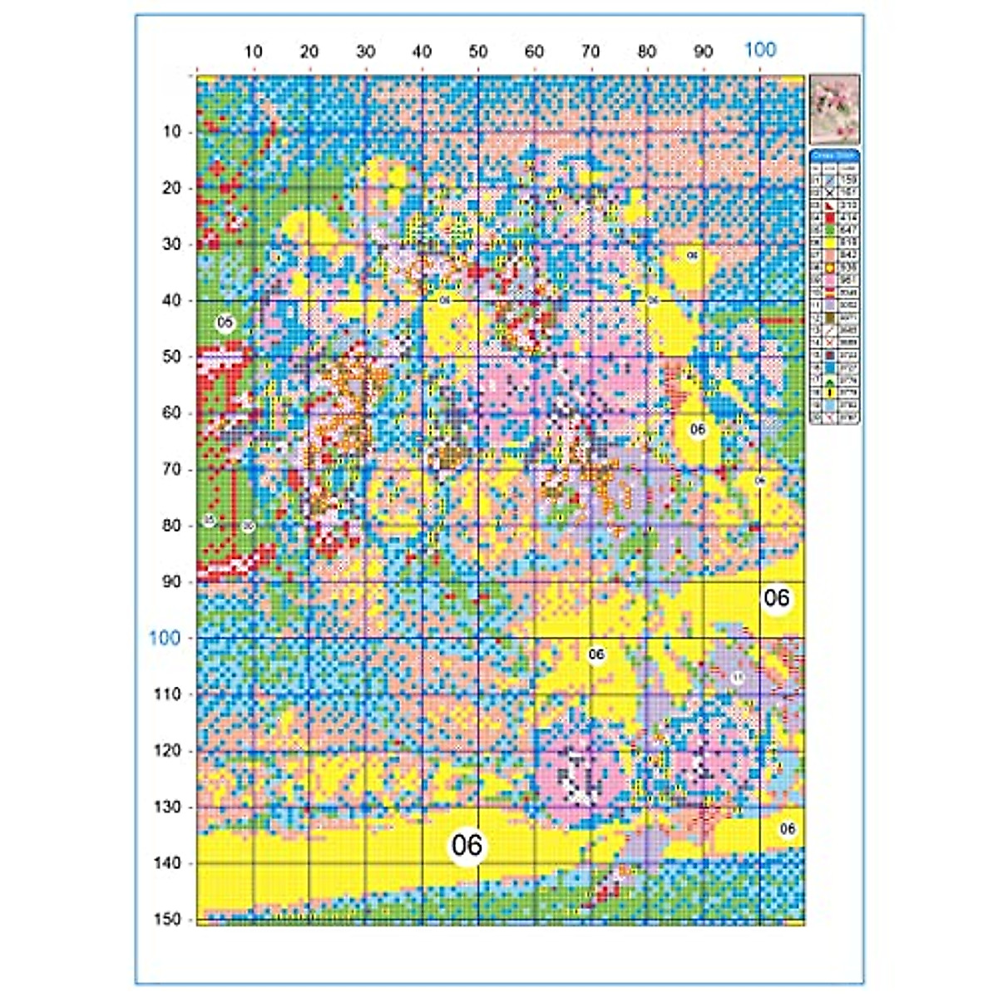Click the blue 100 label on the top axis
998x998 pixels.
click(x=759, y=49)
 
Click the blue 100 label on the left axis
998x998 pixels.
click(x=165, y=638)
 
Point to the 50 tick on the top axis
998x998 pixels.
click(x=478, y=52)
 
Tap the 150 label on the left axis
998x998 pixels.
click(x=167, y=919)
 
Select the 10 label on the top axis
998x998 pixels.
click(x=254, y=52)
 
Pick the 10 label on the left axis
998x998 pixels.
click(x=171, y=131)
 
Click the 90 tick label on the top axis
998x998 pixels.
click(x=704, y=52)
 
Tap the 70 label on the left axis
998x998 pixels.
click(x=171, y=469)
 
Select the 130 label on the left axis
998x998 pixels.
click(x=167, y=807)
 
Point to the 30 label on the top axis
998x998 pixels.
click(x=366, y=52)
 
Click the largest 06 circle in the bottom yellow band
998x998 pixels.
click(x=467, y=845)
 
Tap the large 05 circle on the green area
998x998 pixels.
click(x=225, y=322)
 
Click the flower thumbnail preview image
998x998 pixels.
click(x=834, y=109)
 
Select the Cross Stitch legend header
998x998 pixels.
click(x=834, y=156)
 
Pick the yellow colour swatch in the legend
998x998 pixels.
click(x=829, y=242)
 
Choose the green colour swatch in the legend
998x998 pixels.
click(x=829, y=230)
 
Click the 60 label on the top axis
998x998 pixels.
click(x=535, y=52)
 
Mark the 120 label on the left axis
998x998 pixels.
click(x=167, y=750)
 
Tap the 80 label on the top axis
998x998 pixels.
click(x=647, y=52)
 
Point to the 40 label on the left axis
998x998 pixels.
click(x=171, y=300)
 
